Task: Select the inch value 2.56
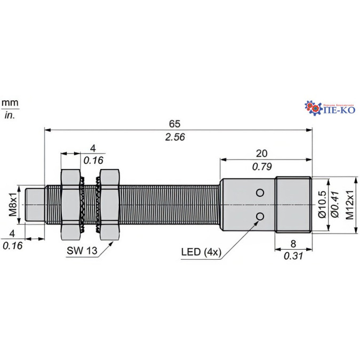175,137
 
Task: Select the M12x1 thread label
350,205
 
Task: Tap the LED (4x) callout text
200,252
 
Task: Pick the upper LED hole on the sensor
260,193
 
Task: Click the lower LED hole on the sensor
260,216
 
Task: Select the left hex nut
71,205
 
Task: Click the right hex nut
110,205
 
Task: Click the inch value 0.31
293,255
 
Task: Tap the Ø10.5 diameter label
322,205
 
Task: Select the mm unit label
9,102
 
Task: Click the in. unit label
9,115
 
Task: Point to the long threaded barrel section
171,205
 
